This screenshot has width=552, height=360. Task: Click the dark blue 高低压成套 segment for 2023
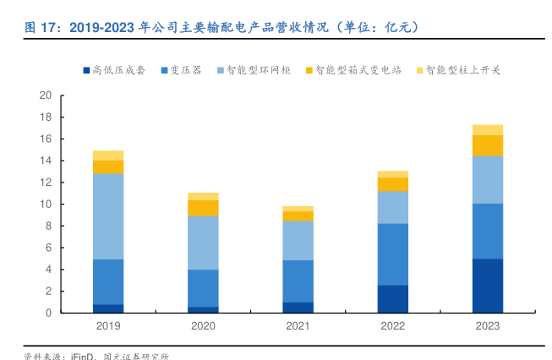(488, 286)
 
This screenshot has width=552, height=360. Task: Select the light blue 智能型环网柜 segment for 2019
(107, 216)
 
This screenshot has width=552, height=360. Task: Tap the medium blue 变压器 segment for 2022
(392, 254)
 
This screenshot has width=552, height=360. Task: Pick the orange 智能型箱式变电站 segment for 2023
(488, 145)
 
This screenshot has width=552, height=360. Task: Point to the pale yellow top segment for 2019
(107, 155)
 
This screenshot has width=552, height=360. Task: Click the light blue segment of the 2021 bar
(298, 240)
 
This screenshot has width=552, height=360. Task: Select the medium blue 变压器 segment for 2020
(203, 288)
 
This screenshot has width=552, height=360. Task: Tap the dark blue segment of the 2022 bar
(392, 299)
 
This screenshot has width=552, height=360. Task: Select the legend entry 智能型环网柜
(259, 70)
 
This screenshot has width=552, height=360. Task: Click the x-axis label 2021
(298, 326)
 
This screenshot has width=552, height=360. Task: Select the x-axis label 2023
(488, 326)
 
